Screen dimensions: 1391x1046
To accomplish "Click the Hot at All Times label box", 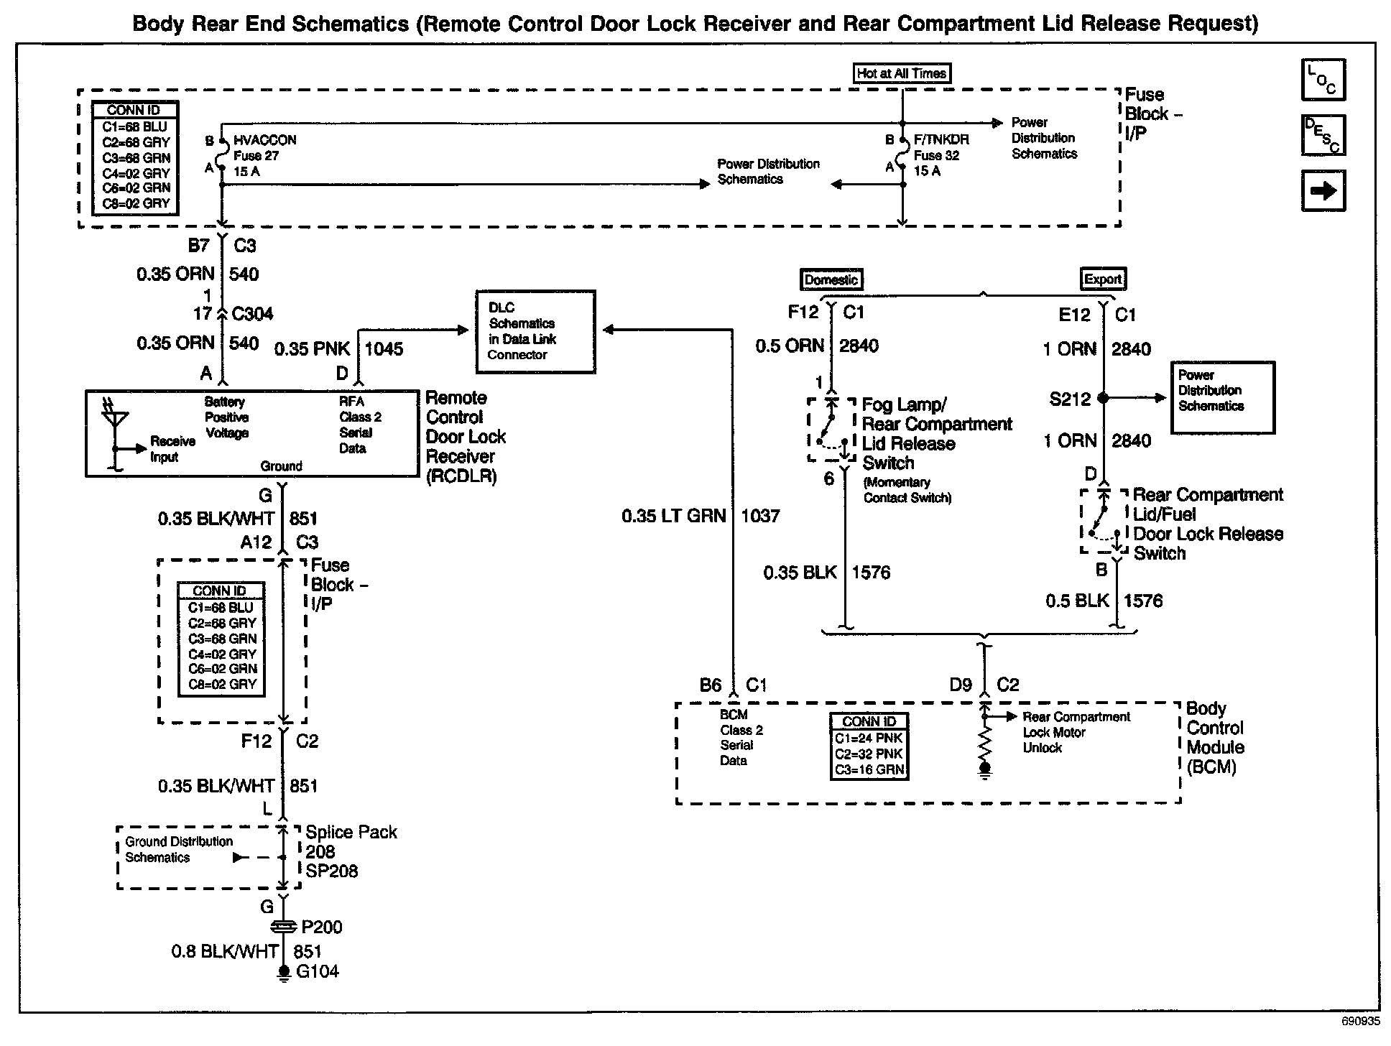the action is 902,73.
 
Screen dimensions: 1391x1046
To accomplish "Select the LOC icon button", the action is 1323,80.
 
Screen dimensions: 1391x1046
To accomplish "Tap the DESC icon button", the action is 1323,135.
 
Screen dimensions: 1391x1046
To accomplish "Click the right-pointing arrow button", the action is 1323,190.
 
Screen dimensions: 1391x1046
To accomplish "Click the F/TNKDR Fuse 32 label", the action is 941,155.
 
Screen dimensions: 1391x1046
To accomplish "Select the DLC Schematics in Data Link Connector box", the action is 536,331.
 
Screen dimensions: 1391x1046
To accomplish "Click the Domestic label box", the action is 831,279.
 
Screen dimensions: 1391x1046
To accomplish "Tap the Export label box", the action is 1103,279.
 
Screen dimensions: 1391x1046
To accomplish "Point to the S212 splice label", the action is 1070,399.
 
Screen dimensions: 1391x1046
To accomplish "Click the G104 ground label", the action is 318,971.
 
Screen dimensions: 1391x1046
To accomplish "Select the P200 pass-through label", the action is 321,927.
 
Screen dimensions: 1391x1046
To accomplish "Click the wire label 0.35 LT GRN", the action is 674,516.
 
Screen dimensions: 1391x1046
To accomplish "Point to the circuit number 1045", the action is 384,349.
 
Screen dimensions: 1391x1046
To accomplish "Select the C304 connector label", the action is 253,314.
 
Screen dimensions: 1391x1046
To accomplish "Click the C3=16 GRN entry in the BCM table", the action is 869,769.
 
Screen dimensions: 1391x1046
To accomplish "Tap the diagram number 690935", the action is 1360,1021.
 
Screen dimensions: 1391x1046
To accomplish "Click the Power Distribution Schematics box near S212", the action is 1222,397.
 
